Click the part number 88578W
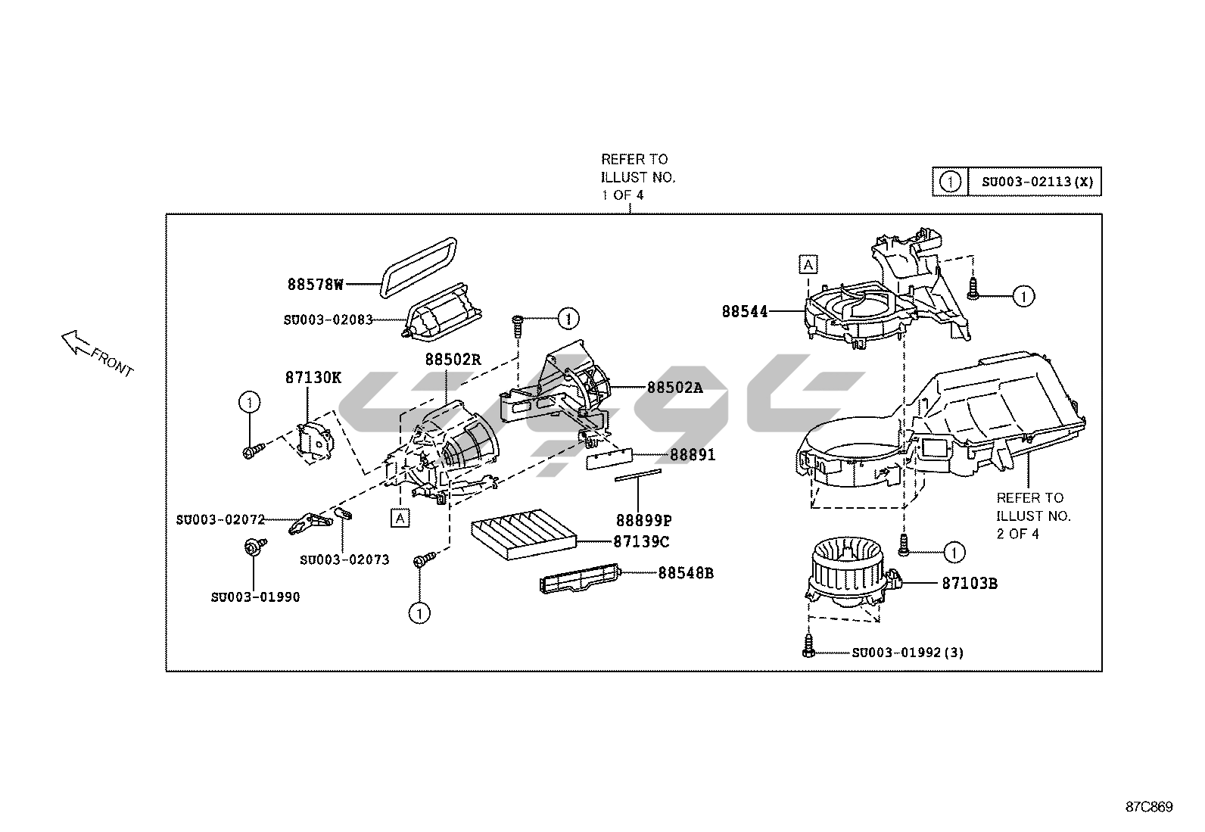click(315, 285)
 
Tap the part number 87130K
click(313, 378)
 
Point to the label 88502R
click(453, 360)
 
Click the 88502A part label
click(674, 388)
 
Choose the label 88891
click(692, 455)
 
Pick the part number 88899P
click(643, 520)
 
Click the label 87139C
click(640, 542)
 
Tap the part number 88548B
click(685, 573)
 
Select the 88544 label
click(744, 311)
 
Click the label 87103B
click(969, 583)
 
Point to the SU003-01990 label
click(255, 597)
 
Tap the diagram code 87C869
click(1148, 807)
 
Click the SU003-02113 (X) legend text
click(1037, 182)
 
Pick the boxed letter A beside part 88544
click(808, 264)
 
